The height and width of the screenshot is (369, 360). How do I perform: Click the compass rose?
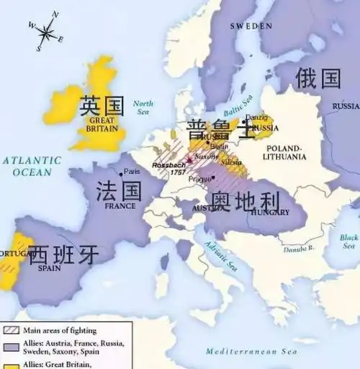coord(46,32)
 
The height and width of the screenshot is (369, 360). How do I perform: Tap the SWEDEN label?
coord(251,26)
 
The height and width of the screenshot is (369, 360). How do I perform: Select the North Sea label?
coord(143,108)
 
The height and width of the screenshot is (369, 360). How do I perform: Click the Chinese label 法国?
coord(120,190)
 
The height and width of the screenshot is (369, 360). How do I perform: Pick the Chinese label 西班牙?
coord(63,254)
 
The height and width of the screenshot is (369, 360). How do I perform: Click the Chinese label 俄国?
coord(318,78)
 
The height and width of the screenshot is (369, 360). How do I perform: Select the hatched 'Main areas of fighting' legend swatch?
coord(9,330)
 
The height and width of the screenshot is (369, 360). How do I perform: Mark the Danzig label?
coord(256,117)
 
